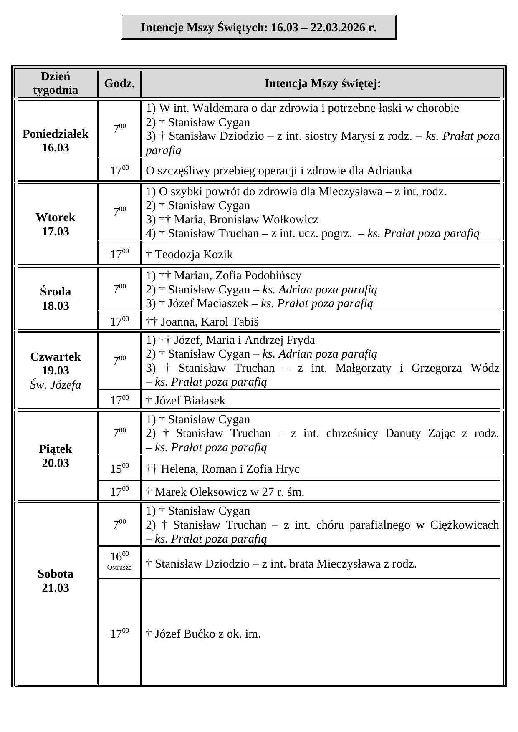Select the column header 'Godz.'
[x=119, y=83]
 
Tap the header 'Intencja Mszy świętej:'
[x=322, y=83]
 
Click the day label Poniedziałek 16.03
[x=56, y=141]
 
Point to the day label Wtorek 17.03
[x=56, y=224]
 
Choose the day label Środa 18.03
[x=56, y=298]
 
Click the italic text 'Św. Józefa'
[x=56, y=385]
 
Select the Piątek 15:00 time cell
[x=119, y=469]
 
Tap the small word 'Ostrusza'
[x=119, y=568]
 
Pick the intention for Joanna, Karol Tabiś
[x=202, y=322]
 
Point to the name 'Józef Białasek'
[x=190, y=401]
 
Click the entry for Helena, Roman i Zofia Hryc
[x=223, y=469]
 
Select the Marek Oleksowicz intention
[x=225, y=492]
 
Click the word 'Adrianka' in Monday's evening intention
[x=389, y=171]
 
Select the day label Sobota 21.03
[x=56, y=581]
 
